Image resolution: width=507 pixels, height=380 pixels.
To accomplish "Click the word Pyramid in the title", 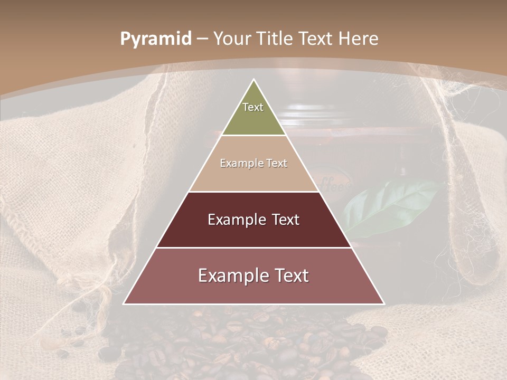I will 156,39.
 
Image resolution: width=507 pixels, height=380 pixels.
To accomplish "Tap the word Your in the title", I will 231,39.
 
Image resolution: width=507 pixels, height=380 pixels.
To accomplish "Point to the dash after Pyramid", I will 202,39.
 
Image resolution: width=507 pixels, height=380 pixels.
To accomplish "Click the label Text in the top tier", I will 253,107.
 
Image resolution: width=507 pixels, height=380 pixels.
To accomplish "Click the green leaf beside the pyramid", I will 388,208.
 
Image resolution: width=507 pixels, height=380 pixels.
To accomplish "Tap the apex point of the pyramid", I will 254,80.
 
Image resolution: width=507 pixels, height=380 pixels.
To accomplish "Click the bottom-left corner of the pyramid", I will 124,303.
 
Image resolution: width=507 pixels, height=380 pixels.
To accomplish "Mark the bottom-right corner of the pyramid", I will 384,303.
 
